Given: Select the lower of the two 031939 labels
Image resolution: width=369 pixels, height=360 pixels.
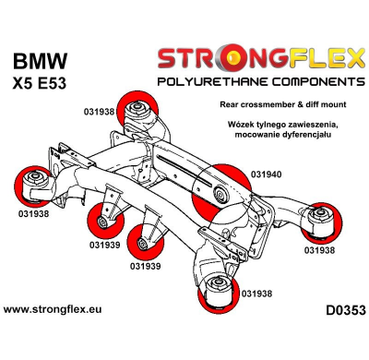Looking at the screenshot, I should pos(148,267).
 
